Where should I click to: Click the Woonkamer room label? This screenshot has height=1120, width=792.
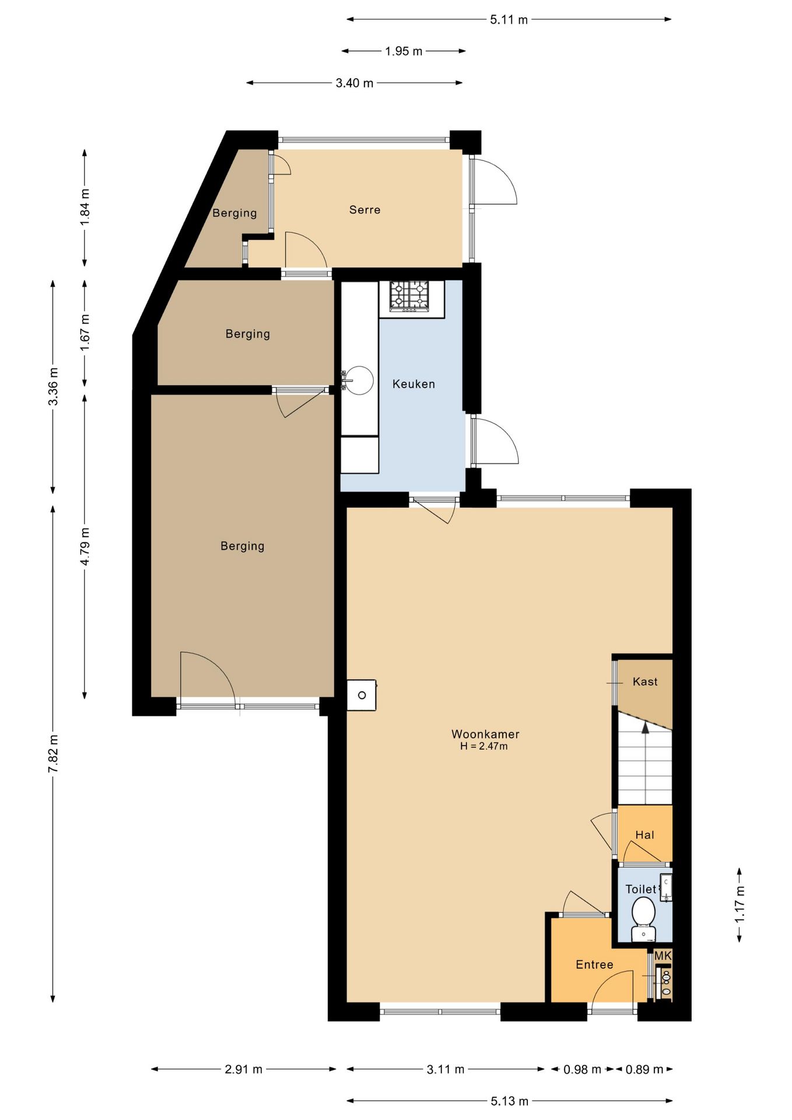pyautogui.click(x=485, y=734)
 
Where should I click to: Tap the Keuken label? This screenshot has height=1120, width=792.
pyautogui.click(x=413, y=384)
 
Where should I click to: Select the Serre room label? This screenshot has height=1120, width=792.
pyautogui.click(x=365, y=209)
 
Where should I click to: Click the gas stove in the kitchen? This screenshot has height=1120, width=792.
pyautogui.click(x=409, y=295)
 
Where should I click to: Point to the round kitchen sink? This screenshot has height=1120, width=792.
pyautogui.click(x=358, y=380)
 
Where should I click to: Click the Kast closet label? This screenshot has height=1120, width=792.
pyautogui.click(x=645, y=681)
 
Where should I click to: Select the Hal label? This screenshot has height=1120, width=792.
pyautogui.click(x=644, y=835)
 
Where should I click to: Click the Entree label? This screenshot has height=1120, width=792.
pyautogui.click(x=594, y=964)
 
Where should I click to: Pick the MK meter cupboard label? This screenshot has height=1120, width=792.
pyautogui.click(x=663, y=956)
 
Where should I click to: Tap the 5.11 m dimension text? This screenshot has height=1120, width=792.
pyautogui.click(x=509, y=20)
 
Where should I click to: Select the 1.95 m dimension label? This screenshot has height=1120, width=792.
pyautogui.click(x=404, y=51)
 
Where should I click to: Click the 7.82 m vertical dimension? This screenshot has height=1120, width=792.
pyautogui.click(x=53, y=754)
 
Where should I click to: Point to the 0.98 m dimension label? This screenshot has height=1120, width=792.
pyautogui.click(x=582, y=1069)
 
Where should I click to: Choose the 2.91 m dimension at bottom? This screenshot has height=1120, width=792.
pyautogui.click(x=243, y=1069)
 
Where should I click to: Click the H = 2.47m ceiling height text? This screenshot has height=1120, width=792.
pyautogui.click(x=483, y=746)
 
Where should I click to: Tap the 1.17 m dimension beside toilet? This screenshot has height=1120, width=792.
pyautogui.click(x=740, y=904)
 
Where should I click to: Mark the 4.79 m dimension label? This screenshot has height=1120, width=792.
pyautogui.click(x=85, y=546)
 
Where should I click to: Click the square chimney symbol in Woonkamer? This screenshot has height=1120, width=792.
pyautogui.click(x=362, y=695)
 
